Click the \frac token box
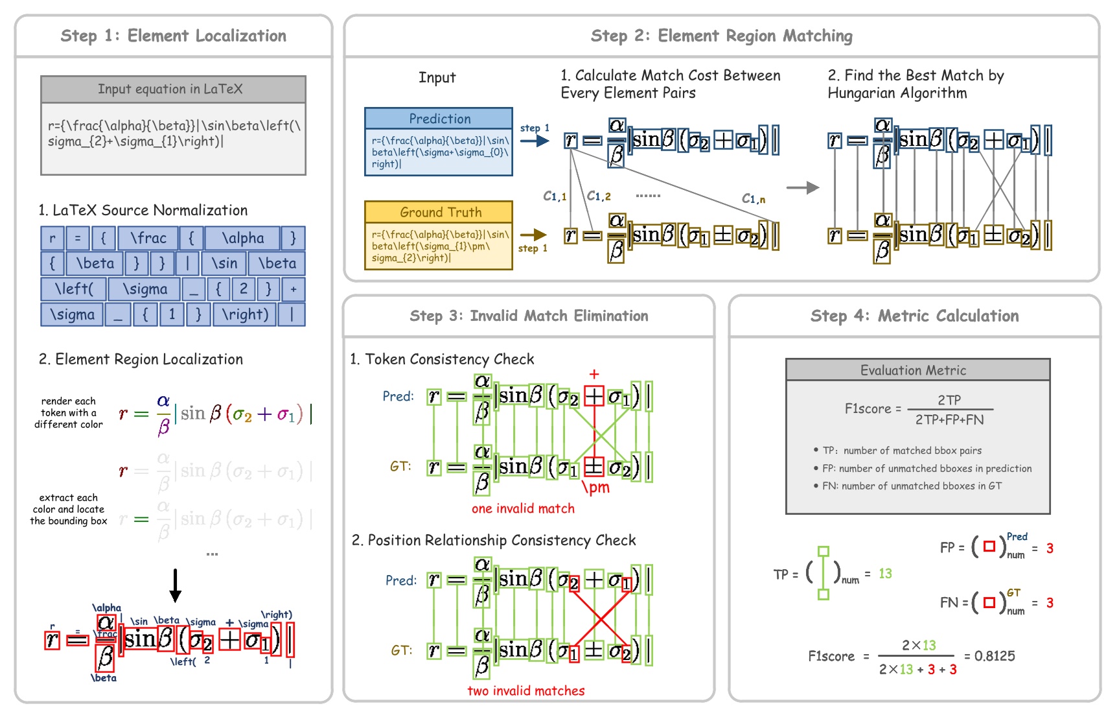pos(148,239)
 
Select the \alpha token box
pos(242,239)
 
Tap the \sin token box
pos(224,264)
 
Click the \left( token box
pos(74,289)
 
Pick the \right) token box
pos(245,314)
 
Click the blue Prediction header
pos(439,119)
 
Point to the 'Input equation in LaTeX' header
pos(173,89)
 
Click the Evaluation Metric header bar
pos(917,370)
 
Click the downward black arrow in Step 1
pos(175,585)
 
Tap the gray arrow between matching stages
pos(802,188)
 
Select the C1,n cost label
pos(753,198)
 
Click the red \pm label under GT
pos(596,488)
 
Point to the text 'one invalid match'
pos(523,509)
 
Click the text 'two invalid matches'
pos(525,691)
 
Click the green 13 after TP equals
pos(885,574)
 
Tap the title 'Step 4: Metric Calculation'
pos(914,316)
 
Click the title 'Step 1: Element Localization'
pos(173,36)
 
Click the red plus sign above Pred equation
pos(594,374)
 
